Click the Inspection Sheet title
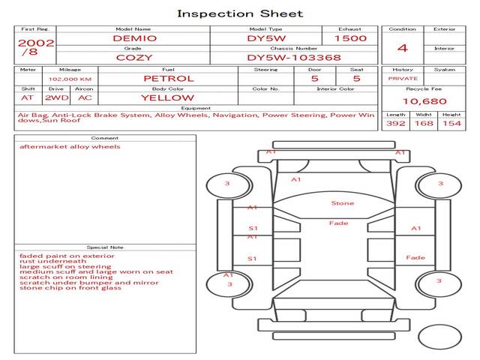click(x=240, y=13)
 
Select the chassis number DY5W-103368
click(x=294, y=57)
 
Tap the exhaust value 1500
click(x=350, y=38)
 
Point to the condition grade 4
click(x=403, y=48)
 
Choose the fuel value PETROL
click(x=168, y=78)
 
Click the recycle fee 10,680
click(x=424, y=100)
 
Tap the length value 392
click(x=395, y=123)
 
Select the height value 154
click(x=451, y=123)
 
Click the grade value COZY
click(x=135, y=57)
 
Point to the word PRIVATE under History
click(x=403, y=78)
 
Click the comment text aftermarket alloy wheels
click(x=70, y=147)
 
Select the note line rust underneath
click(x=48, y=260)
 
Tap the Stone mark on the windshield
click(x=343, y=203)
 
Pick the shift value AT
click(x=28, y=97)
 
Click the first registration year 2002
click(x=35, y=43)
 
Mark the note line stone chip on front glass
click(x=70, y=288)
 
